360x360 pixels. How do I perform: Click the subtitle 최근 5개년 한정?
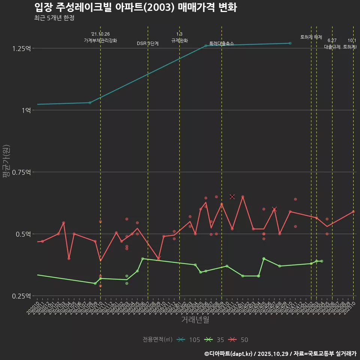(54, 18)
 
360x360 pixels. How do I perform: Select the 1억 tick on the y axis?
(25, 110)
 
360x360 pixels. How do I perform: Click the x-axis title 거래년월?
(195, 319)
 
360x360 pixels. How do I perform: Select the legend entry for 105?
(189, 340)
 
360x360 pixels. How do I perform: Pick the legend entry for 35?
(214, 340)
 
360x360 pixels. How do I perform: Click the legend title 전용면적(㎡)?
(157, 340)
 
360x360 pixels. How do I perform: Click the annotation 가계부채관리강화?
(100, 40)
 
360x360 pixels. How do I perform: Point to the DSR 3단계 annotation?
(148, 43)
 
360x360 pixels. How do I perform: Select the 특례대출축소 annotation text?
(222, 43)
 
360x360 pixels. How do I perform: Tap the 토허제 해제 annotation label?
(311, 37)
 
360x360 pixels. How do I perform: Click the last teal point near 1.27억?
(290, 43)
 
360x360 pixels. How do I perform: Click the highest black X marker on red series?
(232, 196)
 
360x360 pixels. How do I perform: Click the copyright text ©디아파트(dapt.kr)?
(229, 354)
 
